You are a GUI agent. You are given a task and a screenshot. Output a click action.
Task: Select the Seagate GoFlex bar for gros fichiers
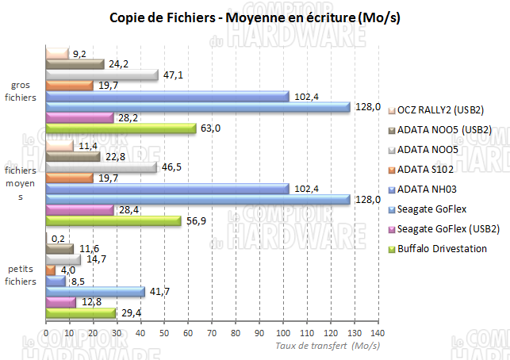coord(198,107)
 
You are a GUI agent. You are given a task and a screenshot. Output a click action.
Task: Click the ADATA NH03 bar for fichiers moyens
coord(167,189)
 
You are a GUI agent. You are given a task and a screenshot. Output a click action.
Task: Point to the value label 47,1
coord(174,75)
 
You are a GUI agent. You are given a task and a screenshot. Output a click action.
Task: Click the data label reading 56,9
coord(194,221)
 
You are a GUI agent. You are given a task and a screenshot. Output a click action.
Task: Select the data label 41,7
coord(160,292)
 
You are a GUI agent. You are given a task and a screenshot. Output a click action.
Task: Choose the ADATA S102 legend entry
coord(427,169)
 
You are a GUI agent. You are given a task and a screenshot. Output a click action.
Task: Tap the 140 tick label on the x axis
coord(378,332)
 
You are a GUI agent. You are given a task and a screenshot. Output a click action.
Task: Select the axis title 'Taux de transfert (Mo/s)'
coord(327,346)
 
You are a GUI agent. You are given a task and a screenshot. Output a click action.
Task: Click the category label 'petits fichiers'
coord(21,275)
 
